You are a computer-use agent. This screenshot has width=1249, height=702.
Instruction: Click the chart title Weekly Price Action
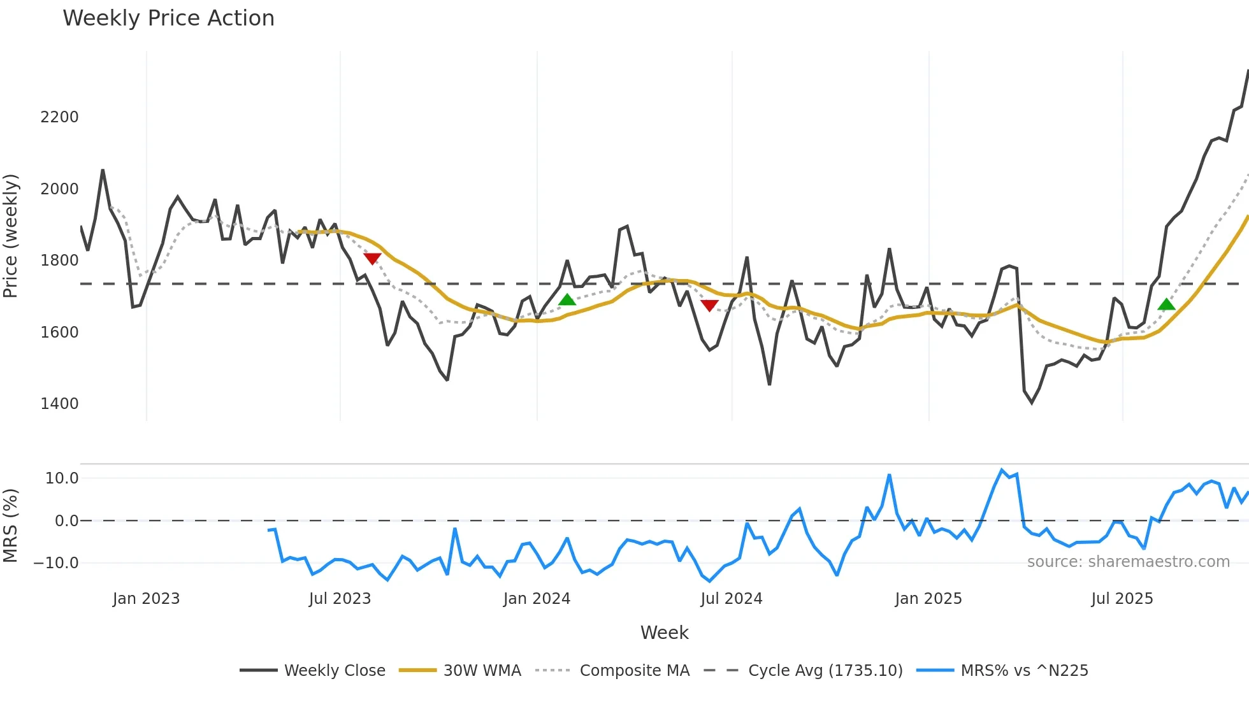pyautogui.click(x=168, y=18)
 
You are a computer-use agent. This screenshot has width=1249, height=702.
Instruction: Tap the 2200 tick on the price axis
pyautogui.click(x=59, y=117)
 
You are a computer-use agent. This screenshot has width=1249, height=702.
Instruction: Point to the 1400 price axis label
pyautogui.click(x=59, y=404)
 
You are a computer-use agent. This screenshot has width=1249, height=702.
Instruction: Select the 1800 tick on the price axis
pyautogui.click(x=59, y=261)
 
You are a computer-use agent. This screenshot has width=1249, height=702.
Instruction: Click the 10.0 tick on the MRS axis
pyautogui.click(x=62, y=478)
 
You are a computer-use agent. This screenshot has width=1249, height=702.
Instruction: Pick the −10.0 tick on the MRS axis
pyautogui.click(x=56, y=563)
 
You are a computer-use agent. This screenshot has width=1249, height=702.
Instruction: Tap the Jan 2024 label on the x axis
pyautogui.click(x=537, y=599)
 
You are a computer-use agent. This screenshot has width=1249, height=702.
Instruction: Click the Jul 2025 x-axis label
pyautogui.click(x=1122, y=599)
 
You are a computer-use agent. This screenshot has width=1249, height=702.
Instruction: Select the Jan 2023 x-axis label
pyautogui.click(x=146, y=599)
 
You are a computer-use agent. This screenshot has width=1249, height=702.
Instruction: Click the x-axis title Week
pyautogui.click(x=664, y=633)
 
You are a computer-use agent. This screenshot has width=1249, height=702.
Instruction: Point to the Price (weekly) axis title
pyautogui.click(x=11, y=236)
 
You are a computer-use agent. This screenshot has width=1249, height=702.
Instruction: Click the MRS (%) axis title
pyautogui.click(x=11, y=526)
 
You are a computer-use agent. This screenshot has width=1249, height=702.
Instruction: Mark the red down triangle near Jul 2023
pyautogui.click(x=372, y=258)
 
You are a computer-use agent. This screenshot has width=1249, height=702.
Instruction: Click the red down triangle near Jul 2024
pyautogui.click(x=709, y=305)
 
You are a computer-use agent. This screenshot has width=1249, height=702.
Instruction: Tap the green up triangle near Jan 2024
pyautogui.click(x=567, y=299)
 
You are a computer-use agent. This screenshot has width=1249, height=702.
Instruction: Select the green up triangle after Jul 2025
pyautogui.click(x=1166, y=304)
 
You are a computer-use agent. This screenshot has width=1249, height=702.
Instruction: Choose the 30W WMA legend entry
pyautogui.click(x=460, y=671)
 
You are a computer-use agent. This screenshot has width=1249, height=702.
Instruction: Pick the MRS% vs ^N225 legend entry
pyautogui.click(x=1002, y=671)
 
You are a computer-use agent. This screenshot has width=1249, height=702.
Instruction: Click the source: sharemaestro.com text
pyautogui.click(x=1128, y=562)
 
